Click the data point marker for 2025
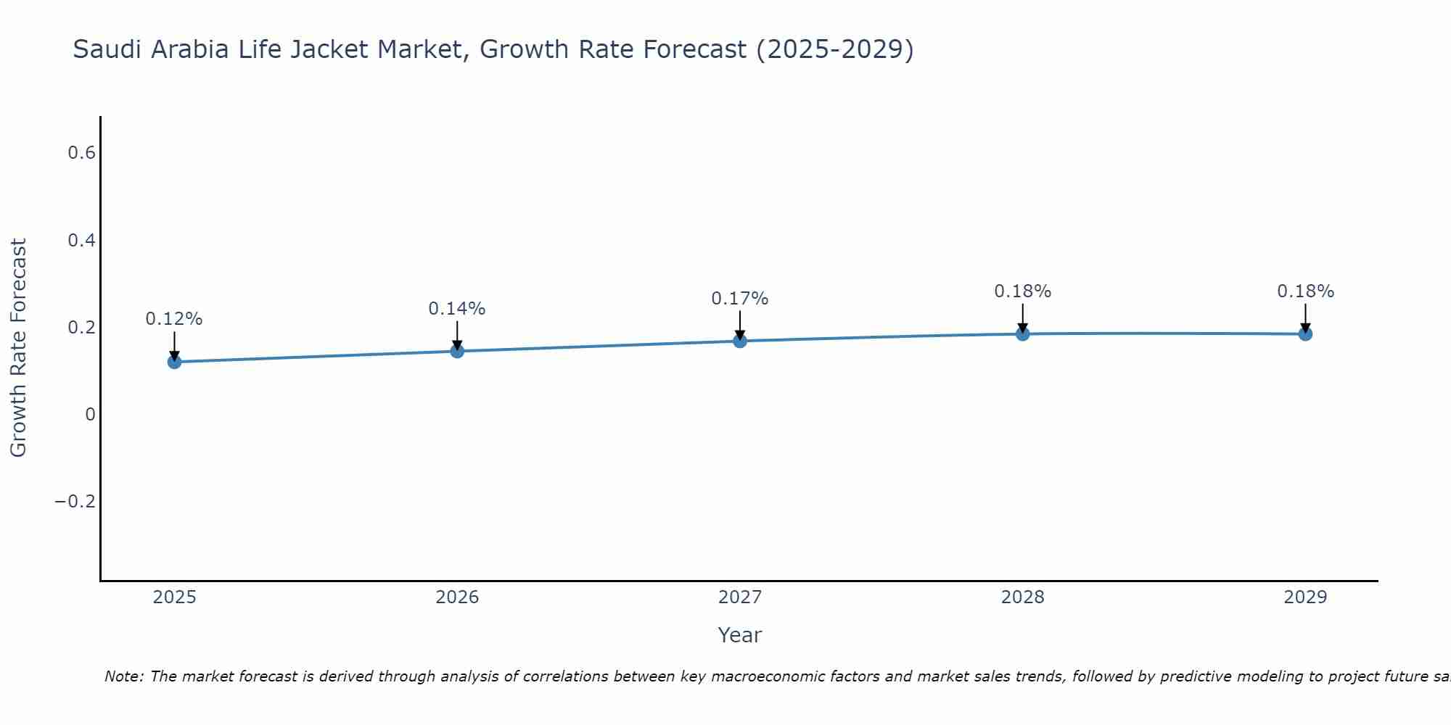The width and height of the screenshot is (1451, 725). [x=174, y=362]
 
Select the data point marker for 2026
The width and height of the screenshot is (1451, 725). [x=457, y=351]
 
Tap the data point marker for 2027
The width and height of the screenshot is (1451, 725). [x=740, y=341]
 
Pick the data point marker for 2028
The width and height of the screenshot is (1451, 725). [x=1022, y=333]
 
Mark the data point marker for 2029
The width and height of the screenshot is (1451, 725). [x=1305, y=333]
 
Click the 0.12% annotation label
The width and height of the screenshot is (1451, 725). [x=174, y=319]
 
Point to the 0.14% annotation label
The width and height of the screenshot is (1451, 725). [x=457, y=309]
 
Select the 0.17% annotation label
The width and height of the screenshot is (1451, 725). [x=740, y=299]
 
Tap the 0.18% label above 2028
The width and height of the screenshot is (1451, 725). [x=1022, y=291]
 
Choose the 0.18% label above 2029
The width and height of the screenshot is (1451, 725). [x=1305, y=291]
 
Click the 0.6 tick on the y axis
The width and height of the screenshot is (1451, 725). [x=81, y=153]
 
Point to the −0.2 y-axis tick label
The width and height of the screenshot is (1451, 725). [x=75, y=502]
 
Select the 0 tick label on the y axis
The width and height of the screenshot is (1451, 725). [x=90, y=415]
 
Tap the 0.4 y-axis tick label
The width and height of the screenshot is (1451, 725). [x=81, y=240]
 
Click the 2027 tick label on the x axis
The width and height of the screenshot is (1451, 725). [x=740, y=597]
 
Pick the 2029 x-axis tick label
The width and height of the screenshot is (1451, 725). [x=1305, y=597]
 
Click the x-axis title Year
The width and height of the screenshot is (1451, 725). [x=740, y=635]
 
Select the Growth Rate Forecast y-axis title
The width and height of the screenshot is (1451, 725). [x=18, y=348]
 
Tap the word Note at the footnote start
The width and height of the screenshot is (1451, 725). [x=123, y=676]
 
